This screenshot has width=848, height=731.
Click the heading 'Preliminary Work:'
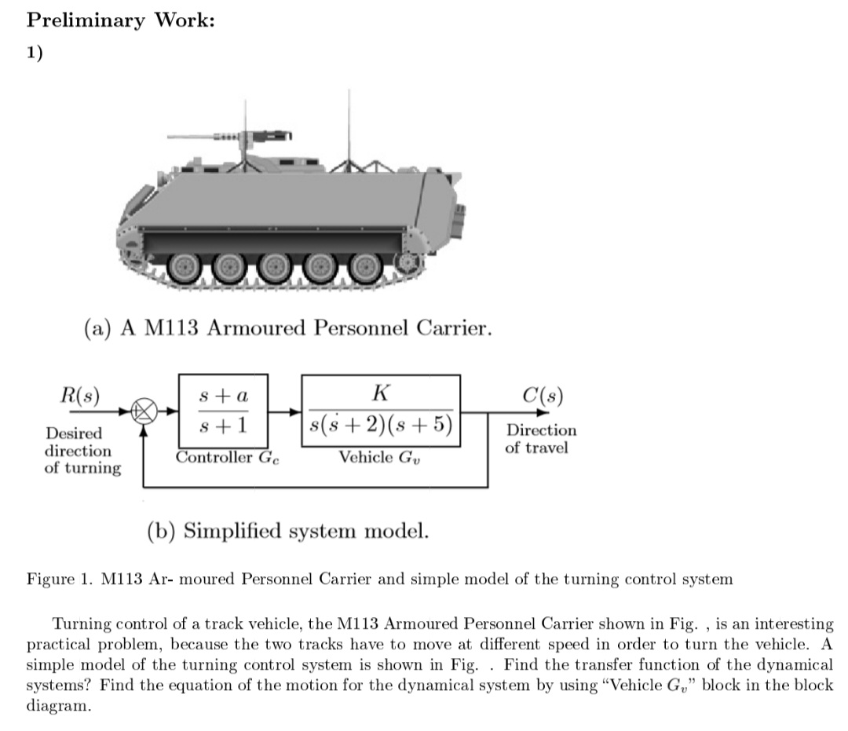tap(121, 20)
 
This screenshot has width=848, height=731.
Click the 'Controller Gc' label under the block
tap(227, 458)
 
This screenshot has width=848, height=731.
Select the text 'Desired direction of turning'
tap(82, 451)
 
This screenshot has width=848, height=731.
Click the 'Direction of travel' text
tap(540, 439)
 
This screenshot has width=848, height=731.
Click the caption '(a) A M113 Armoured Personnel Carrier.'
tap(288, 327)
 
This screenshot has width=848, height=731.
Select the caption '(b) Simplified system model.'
tap(288, 532)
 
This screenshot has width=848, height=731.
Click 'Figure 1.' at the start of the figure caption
tap(61, 580)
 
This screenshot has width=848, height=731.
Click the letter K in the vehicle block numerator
tap(381, 393)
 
